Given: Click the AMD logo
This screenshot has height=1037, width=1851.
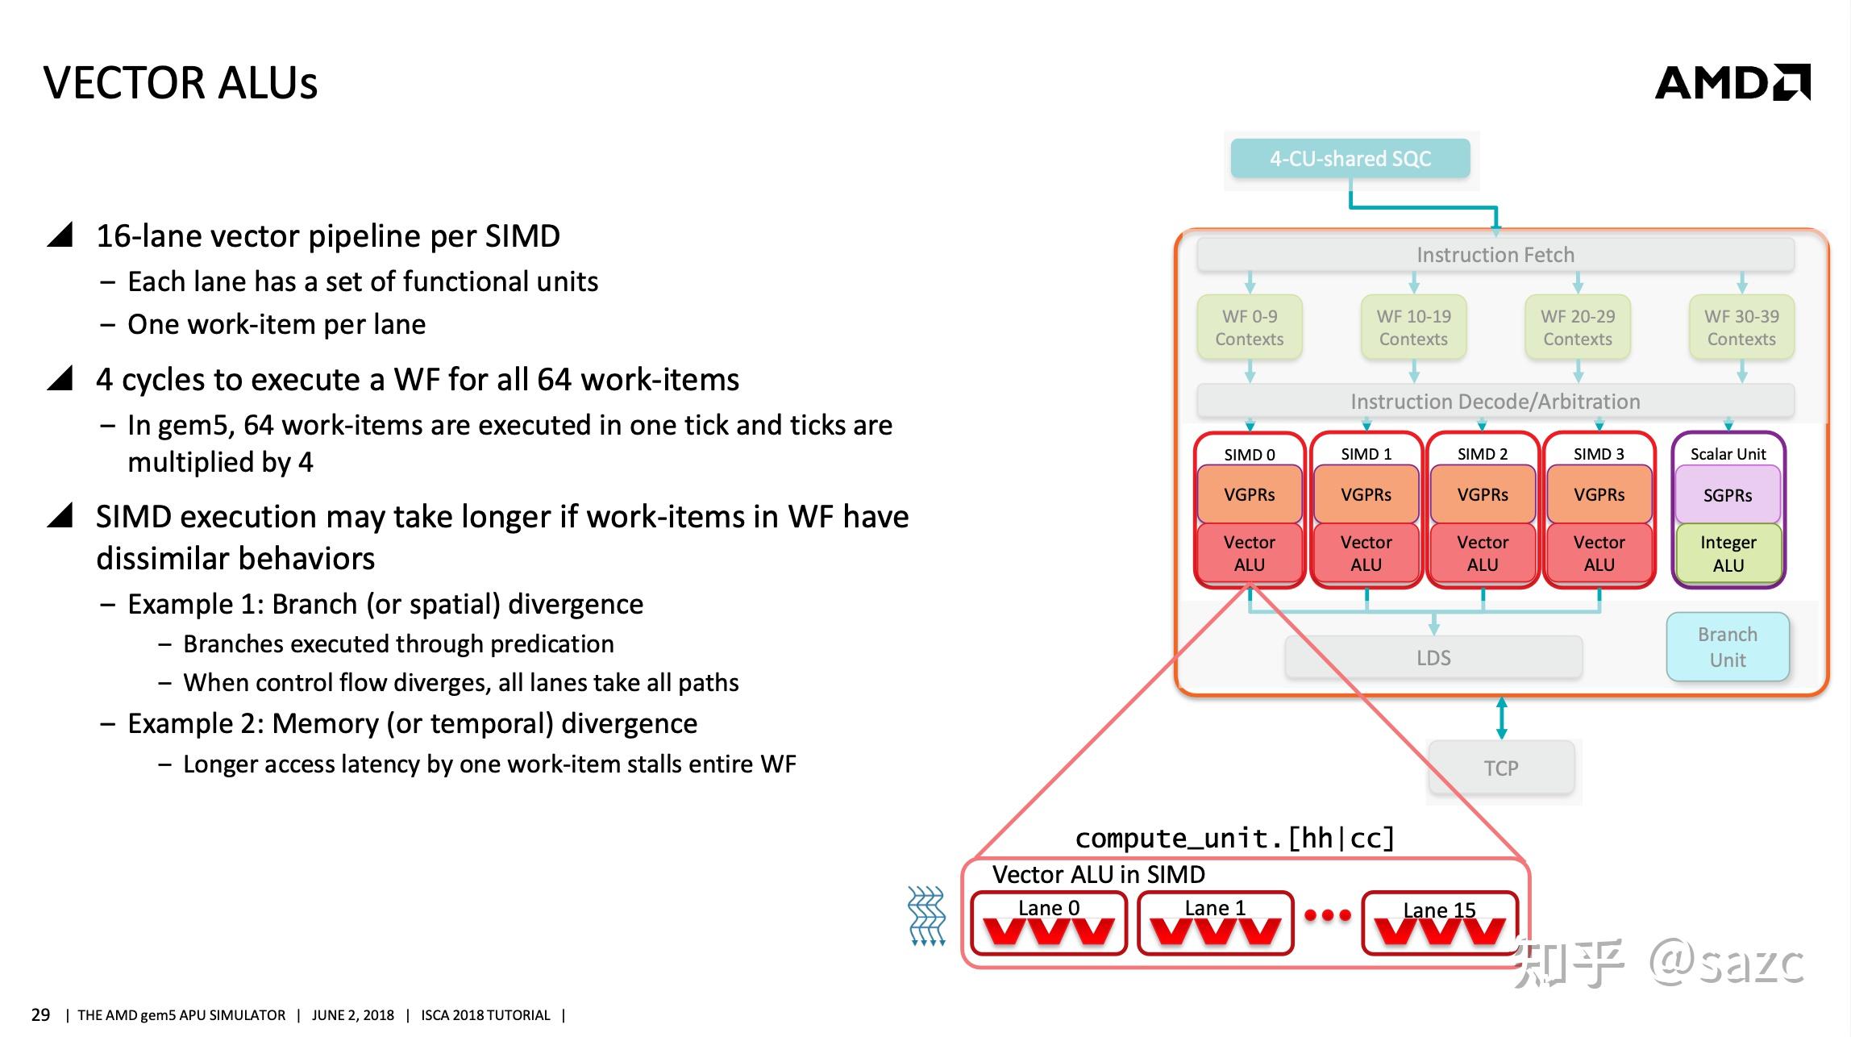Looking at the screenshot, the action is click(x=1732, y=82).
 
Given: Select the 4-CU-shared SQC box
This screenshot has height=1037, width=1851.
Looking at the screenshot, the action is click(x=1350, y=159).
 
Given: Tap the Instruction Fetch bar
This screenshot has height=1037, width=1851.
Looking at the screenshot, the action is click(x=1495, y=255).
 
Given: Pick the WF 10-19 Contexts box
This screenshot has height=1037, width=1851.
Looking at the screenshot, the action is click(x=1413, y=327).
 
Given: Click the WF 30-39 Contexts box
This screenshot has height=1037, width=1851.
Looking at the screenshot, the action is click(x=1741, y=327).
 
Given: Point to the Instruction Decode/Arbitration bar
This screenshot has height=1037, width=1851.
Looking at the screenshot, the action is click(x=1495, y=402).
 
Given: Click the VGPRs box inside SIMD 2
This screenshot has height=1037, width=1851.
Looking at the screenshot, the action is click(x=1483, y=494).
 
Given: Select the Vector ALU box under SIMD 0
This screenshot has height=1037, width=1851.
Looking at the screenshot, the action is click(x=1250, y=553).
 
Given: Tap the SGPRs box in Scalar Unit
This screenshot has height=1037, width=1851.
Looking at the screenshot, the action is click(x=1728, y=495).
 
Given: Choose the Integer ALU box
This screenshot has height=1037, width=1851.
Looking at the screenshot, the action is click(x=1728, y=553).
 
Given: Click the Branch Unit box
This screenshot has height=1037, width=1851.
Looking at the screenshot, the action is click(x=1728, y=647).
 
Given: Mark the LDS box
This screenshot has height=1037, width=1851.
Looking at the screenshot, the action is click(x=1433, y=658).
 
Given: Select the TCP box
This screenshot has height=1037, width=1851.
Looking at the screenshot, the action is click(x=1501, y=768).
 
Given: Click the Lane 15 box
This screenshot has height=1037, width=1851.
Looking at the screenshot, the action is click(x=1440, y=922).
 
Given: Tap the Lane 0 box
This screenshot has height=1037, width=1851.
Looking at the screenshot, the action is click(x=1049, y=922).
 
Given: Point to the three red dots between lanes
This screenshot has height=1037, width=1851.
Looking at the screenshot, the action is click(x=1328, y=915).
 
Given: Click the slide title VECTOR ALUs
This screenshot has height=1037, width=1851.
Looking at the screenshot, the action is click(x=181, y=83).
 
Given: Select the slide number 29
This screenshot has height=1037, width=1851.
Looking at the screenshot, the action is click(x=40, y=1014).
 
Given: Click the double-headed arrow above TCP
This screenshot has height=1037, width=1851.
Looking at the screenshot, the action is click(x=1501, y=718).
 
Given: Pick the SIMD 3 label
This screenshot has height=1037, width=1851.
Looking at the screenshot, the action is click(x=1599, y=454).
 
